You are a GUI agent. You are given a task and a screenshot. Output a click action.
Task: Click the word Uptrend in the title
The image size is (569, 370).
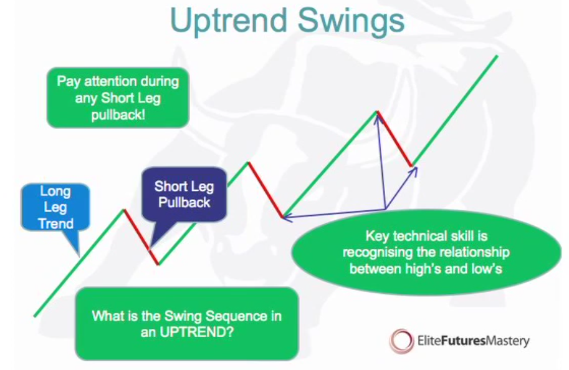pos(229,21)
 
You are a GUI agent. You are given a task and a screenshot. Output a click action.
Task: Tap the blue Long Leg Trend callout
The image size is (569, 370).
pos(55,208)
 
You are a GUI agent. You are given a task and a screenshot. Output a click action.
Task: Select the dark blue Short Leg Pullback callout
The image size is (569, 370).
pos(184,195)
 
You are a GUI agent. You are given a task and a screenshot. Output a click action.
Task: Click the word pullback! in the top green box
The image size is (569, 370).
pos(118,115)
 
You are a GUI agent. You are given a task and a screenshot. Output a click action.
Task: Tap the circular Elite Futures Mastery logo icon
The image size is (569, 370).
pos(401,341)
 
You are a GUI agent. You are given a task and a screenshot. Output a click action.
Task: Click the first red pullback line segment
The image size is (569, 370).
pos(141,237)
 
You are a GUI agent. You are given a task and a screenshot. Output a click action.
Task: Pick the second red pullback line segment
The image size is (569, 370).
pos(265,190)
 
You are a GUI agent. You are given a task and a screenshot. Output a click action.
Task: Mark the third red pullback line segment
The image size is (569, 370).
pos(394,139)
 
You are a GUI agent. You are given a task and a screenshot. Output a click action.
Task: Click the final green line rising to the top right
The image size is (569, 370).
pos(455,111)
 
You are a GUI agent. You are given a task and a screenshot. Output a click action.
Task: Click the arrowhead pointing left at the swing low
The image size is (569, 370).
pos(287,217)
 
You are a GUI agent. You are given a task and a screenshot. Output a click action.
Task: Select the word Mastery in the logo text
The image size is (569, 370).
pos(507,341)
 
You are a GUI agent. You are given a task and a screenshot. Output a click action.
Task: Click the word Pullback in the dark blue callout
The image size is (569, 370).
pos(184,202)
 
